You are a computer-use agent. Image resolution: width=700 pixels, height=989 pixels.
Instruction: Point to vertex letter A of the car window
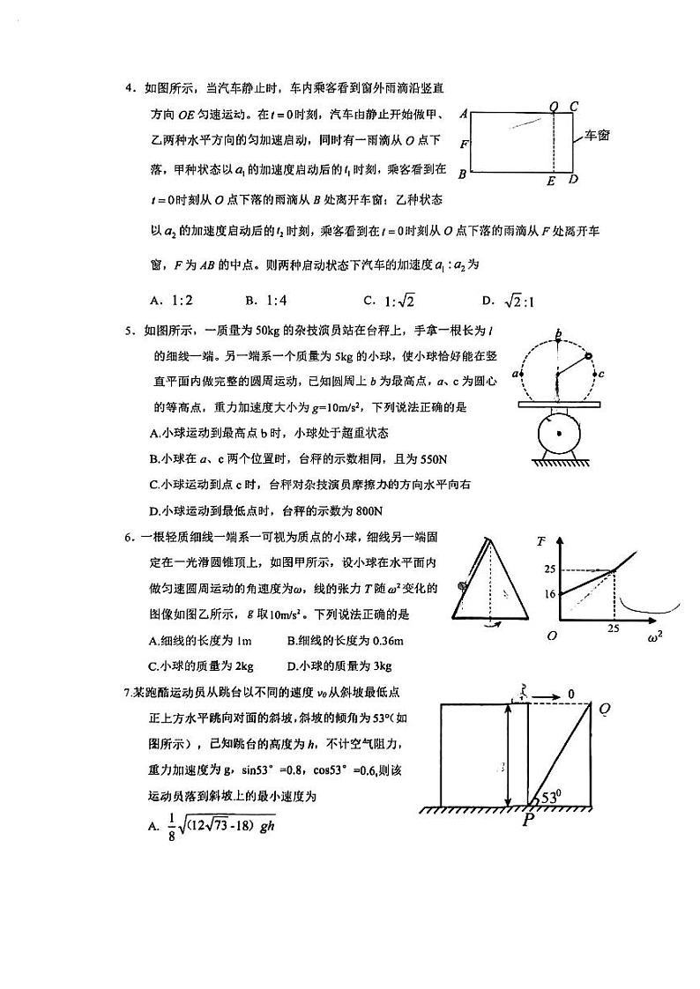(x=463, y=114)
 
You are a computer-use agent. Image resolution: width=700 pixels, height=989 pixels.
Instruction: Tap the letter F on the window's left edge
(x=463, y=143)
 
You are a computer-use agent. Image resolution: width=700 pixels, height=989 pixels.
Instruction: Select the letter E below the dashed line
(x=552, y=182)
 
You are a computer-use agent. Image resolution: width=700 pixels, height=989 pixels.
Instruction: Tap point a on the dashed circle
(x=525, y=375)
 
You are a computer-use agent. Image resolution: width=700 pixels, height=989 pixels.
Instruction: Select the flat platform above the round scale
(x=558, y=405)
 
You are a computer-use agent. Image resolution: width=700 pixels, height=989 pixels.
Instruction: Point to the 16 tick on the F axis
(x=549, y=594)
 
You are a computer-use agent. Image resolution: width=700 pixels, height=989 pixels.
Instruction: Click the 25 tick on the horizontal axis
(x=614, y=629)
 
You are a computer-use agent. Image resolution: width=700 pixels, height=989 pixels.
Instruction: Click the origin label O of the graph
(x=551, y=636)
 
